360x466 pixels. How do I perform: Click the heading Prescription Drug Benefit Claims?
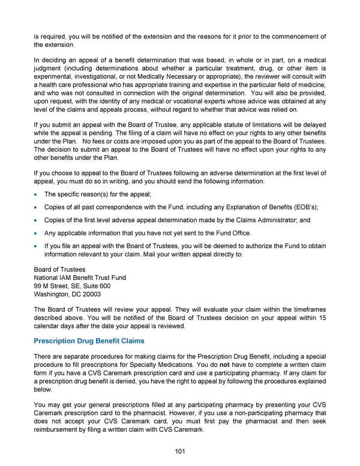(x=89, y=341)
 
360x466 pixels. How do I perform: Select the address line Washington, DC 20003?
(x=67, y=294)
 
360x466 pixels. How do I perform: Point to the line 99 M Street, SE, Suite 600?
(x=72, y=286)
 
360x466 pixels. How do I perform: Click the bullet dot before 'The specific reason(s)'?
(x=37, y=195)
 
